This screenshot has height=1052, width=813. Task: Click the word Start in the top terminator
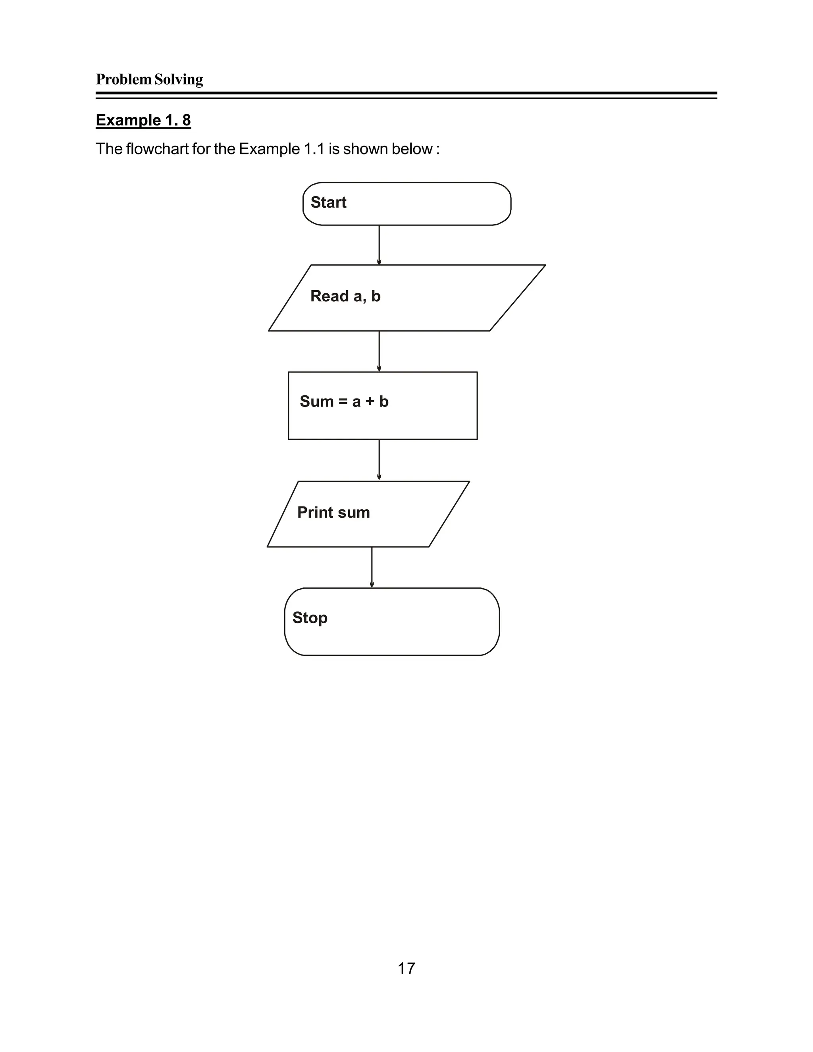point(328,202)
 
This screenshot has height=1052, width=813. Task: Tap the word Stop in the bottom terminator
point(310,618)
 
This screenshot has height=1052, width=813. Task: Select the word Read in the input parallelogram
point(329,296)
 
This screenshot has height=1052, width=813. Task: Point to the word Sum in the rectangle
point(316,401)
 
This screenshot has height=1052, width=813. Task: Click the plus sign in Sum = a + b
point(370,402)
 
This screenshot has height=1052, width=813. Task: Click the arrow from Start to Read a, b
point(379,245)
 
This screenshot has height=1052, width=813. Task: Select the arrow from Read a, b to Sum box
point(379,351)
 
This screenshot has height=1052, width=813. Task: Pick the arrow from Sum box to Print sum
point(379,460)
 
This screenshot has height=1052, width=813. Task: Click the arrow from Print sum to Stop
point(372,567)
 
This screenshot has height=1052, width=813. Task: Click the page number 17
point(406,968)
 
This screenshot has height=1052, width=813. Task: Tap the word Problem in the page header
point(124,79)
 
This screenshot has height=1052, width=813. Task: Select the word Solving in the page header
point(179,79)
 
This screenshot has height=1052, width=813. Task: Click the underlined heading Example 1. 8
point(143,120)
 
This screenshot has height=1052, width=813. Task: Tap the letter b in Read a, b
point(376,296)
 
